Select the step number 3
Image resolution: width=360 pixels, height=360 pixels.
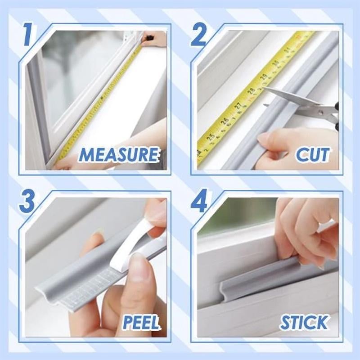coord(28,202)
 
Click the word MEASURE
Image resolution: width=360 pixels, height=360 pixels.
coord(119,155)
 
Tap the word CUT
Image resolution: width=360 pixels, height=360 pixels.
coord(312,154)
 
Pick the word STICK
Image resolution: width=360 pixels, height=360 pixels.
coord(304,322)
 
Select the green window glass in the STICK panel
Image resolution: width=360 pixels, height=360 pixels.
coord(238,214)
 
